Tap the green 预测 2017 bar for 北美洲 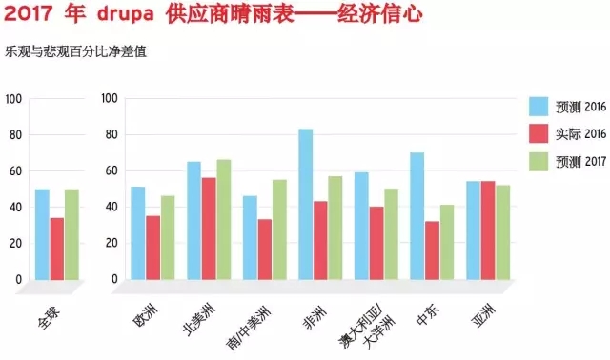point(223,219)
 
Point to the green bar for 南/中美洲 point(280,229)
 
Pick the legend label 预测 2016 point(579,106)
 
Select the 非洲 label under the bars point(312,310)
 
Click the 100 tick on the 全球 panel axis point(13,98)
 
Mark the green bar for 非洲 point(335,228)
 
